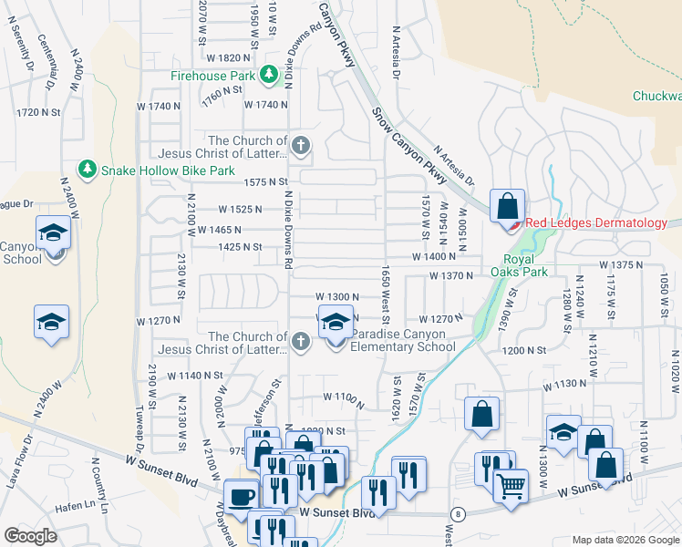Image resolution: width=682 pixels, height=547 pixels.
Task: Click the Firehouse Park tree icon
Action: (x=270, y=75)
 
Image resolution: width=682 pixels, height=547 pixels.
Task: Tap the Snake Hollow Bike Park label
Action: (x=155, y=170)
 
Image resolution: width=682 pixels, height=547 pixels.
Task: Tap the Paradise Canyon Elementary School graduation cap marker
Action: (x=335, y=323)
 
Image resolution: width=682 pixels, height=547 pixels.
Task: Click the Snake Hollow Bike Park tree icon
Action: (x=88, y=169)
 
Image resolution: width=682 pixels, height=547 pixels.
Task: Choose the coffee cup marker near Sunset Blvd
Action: (x=241, y=497)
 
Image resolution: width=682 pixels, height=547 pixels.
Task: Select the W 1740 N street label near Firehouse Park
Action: (x=266, y=105)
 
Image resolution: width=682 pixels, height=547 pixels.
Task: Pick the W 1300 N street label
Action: (x=337, y=297)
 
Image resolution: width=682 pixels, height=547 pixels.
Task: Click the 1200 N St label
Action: (x=523, y=350)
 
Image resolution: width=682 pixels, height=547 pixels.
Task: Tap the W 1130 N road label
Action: (x=564, y=385)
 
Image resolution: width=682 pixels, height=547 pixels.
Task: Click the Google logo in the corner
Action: (x=29, y=536)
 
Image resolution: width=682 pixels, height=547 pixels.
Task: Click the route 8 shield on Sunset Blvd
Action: (x=458, y=514)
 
